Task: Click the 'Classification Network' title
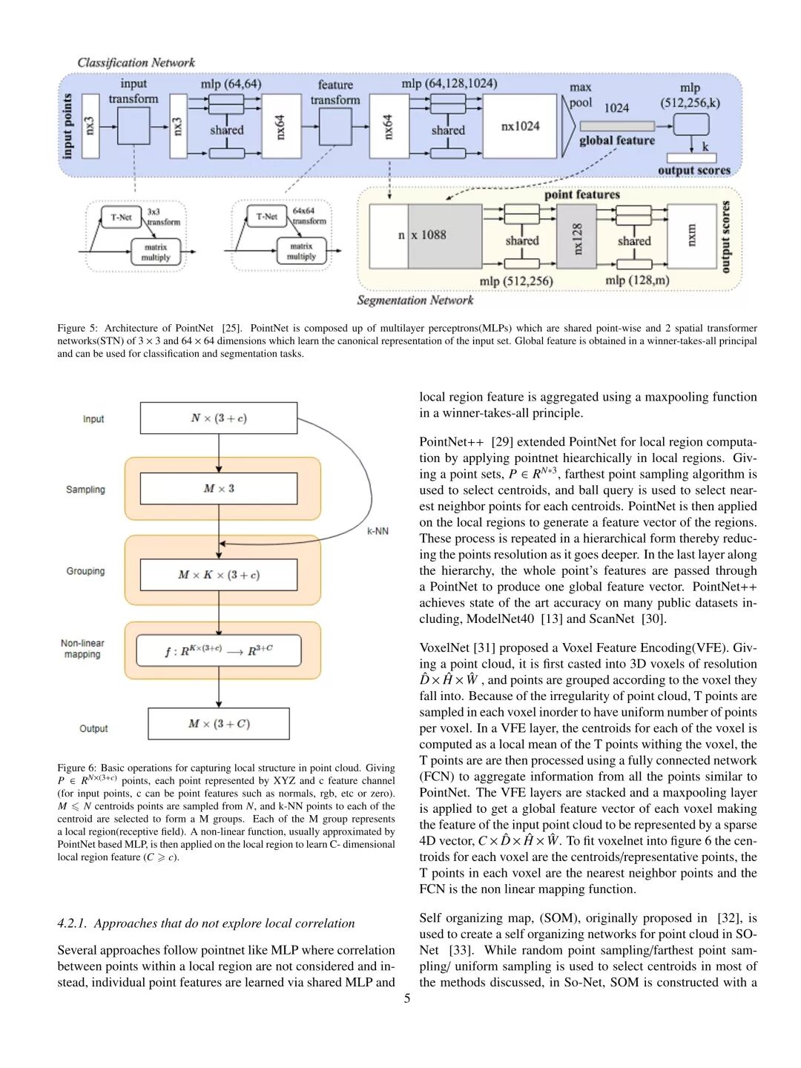[136, 63]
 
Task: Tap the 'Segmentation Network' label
[415, 300]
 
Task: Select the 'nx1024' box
[521, 126]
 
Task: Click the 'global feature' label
[617, 141]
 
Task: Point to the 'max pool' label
[580, 96]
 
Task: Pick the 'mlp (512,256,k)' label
[690, 96]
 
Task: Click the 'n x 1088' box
[426, 236]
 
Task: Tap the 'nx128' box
[578, 239]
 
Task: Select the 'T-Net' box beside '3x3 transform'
[121, 217]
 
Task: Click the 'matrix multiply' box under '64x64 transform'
[301, 251]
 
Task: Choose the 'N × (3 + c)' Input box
[219, 418]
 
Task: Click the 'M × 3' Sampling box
[219, 489]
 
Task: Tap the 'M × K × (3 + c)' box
[219, 575]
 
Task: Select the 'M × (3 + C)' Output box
[219, 724]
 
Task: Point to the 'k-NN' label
[378, 532]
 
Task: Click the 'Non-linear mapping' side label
[82, 649]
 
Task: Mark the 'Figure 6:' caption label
[76, 768]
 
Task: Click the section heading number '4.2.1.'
[73, 923]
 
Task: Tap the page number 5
[407, 998]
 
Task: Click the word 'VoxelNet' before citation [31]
[442, 648]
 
